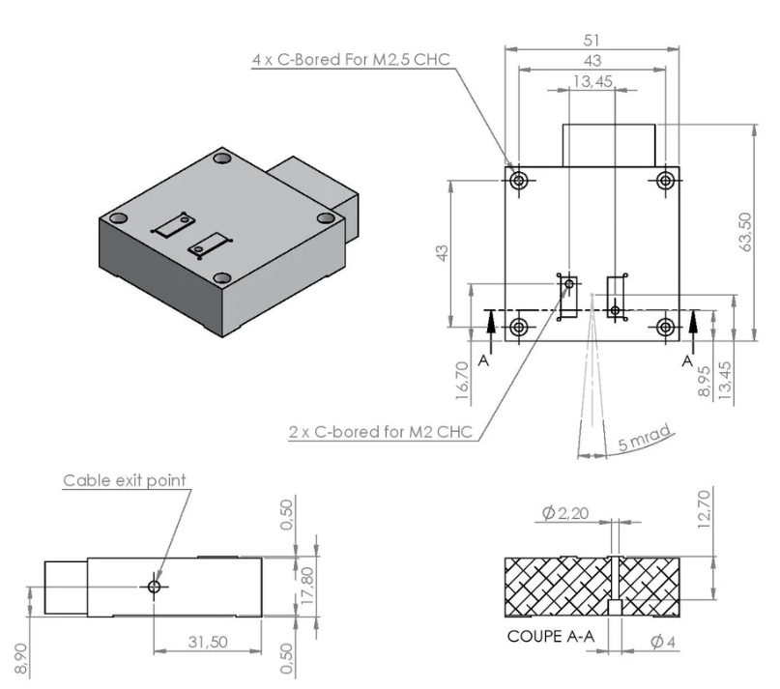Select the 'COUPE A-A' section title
tap(548, 638)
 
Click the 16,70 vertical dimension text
tap(462, 380)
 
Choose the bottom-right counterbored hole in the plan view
tap(665, 327)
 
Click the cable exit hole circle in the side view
tap(154, 587)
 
